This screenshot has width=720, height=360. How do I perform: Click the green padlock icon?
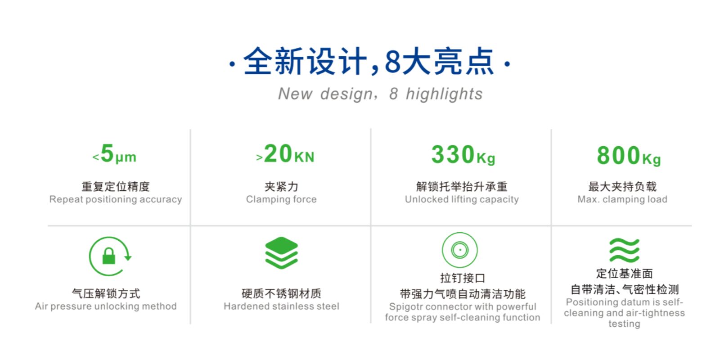tap(108, 256)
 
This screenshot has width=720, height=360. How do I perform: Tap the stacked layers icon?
tap(282, 252)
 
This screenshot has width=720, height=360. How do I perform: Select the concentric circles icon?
tap(459, 250)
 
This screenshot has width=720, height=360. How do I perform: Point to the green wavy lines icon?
tap(624, 250)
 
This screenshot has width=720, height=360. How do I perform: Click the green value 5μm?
tap(115, 154)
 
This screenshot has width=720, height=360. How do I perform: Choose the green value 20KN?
tap(285, 154)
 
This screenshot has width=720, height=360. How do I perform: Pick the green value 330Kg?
tap(463, 155)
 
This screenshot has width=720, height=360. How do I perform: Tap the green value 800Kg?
tap(629, 156)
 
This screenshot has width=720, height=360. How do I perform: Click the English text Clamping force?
tap(281, 199)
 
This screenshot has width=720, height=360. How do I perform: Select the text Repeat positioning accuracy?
tap(116, 199)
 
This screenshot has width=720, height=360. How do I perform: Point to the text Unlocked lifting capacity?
tap(462, 199)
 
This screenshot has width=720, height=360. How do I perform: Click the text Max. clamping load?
tap(623, 199)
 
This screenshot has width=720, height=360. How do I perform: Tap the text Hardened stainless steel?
tap(282, 306)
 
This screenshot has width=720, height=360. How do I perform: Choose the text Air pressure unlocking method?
tap(106, 306)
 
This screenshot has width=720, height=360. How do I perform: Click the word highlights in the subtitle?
tap(444, 94)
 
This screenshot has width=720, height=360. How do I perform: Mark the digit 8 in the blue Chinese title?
tap(392, 61)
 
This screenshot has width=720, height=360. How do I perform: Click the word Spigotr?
tap(406, 306)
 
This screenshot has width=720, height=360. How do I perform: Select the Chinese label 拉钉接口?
tap(463, 278)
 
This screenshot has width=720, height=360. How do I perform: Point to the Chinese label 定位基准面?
tap(625, 274)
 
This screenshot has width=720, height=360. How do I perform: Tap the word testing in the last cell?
tap(624, 324)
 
